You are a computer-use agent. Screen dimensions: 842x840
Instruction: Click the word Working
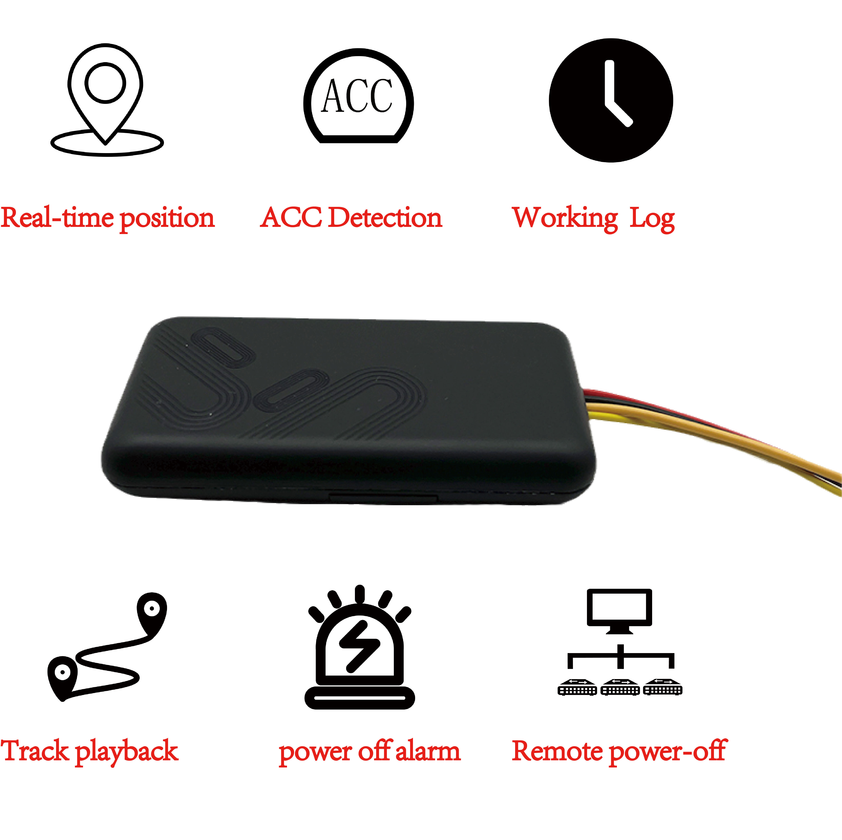click(x=565, y=219)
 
